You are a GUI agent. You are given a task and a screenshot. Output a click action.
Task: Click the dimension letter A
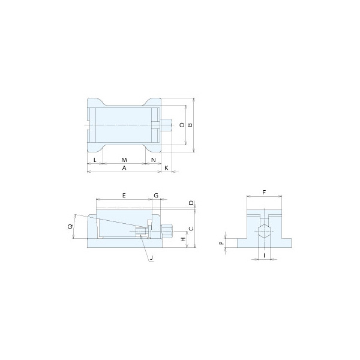click(x=124, y=168)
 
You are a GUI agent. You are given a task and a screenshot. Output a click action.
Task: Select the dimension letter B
click(x=190, y=125)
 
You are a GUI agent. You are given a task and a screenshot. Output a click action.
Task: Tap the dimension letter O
click(x=182, y=125)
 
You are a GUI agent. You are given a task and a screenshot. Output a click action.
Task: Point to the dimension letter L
click(x=95, y=160)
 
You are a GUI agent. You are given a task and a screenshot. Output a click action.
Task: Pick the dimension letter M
click(x=124, y=160)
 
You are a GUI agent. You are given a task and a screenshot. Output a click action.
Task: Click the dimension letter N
click(x=154, y=160)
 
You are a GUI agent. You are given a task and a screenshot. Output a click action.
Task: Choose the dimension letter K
click(x=166, y=168)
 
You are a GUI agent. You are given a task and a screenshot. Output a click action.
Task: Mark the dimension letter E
click(x=124, y=196)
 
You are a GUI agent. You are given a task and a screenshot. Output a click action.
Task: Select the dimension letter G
click(x=156, y=196)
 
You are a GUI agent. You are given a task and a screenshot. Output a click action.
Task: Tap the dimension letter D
click(x=191, y=203)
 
